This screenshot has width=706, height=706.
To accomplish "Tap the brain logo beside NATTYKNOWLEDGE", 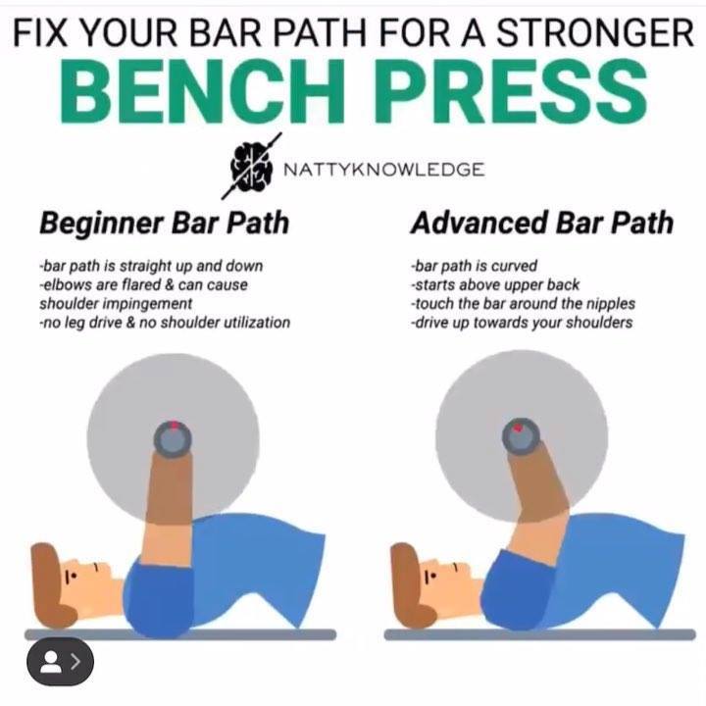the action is coord(252,166).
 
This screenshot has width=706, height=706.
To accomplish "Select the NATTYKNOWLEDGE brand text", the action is coord(384,170).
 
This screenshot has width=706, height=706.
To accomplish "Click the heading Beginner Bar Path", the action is coord(164,224).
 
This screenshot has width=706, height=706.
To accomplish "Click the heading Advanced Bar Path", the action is coord(541,224).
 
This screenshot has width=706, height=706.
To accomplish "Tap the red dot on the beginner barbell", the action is coord(174,425).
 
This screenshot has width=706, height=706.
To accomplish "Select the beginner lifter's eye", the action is coord(69,577).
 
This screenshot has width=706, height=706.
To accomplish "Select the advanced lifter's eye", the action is coord(429,577).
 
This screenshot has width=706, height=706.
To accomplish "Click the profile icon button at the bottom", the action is coord(61,662).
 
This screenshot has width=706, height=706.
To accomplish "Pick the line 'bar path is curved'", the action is coord(475,266).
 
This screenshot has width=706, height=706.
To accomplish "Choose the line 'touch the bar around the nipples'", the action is coord(523,303).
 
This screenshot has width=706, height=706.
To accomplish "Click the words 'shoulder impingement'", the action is coord(116,303).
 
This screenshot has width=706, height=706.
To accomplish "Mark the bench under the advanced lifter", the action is coord(540,634).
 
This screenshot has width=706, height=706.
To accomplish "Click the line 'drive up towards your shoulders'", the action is coord(522,323).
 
